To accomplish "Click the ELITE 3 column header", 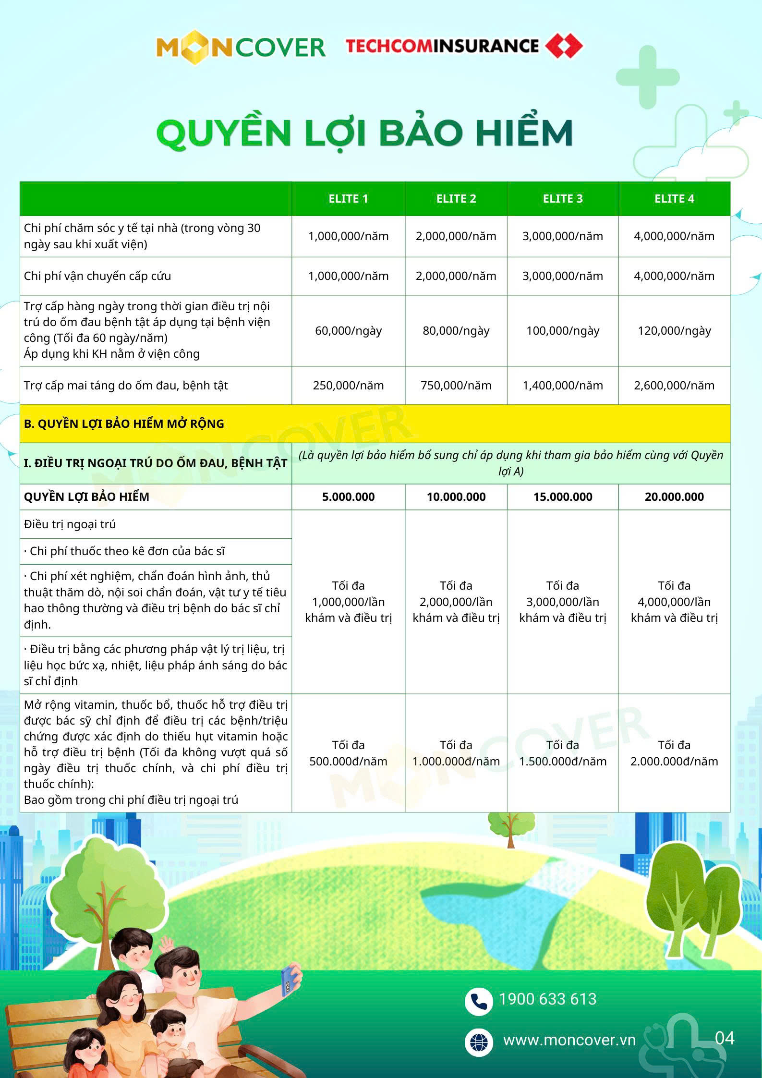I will coord(562,199).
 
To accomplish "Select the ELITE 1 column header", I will coord(348,199).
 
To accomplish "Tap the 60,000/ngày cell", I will coord(348,331).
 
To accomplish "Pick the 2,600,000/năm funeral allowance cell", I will coord(674,386).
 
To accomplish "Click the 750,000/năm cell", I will coord(456,386).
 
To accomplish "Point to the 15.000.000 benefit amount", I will coord(562,497).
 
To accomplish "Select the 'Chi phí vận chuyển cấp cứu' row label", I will coord(97,276).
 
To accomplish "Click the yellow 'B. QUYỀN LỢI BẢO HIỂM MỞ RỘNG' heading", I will coord(124,424).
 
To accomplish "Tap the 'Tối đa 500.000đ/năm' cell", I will coord(348,753).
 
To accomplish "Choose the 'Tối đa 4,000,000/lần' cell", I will coord(674,602).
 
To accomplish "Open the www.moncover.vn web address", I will coord(569,1040).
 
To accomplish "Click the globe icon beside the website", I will coord(479,1042).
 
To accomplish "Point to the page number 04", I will coord(725,1038).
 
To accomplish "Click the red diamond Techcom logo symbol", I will coord(564,46).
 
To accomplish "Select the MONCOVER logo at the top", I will coord(241,47).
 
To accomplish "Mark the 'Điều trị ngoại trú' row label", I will coord(70,524).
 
